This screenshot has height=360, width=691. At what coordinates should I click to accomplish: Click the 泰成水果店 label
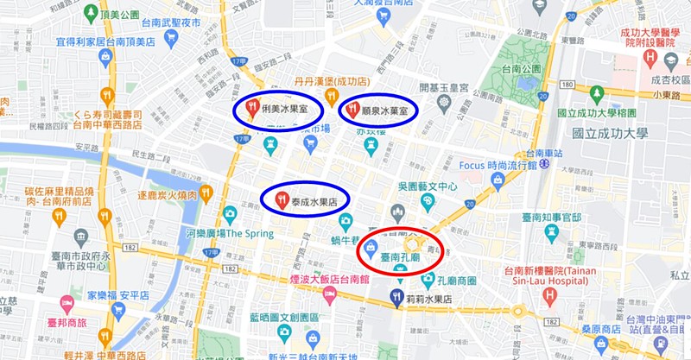(x=314, y=200)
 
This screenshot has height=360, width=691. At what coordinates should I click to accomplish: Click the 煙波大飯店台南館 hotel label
(x=329, y=280)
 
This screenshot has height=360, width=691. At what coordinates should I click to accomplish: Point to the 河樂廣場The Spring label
(x=229, y=233)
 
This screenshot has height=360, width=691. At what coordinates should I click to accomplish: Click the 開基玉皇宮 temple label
(x=443, y=88)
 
